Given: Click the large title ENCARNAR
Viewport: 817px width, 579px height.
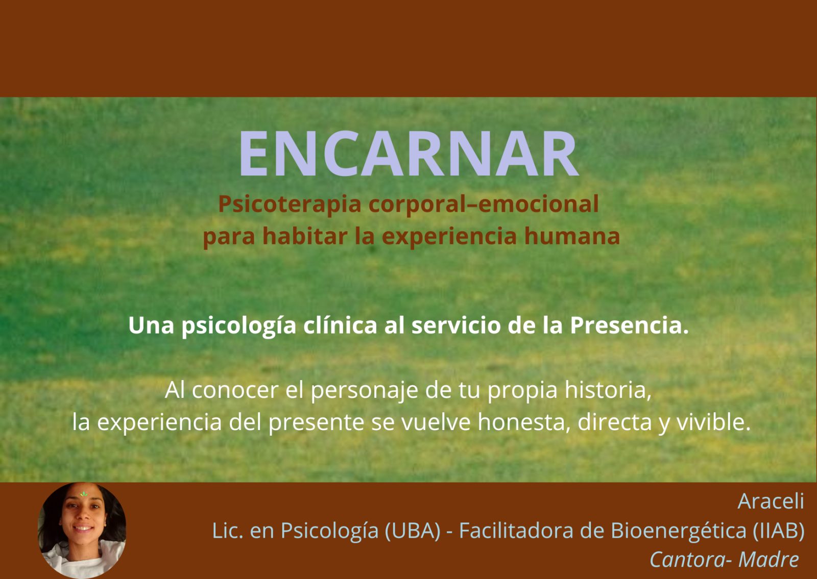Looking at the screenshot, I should pos(408,154).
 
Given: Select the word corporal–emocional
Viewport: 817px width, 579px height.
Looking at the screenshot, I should pos(483,204).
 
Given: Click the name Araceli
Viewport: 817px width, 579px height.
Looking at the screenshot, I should pos(771,501).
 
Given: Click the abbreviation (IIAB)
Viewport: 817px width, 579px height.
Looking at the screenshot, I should pos(779,531).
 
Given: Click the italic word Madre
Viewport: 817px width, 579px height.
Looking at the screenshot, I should pos(768,560).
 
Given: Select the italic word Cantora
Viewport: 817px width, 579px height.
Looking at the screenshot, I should pos(687,560).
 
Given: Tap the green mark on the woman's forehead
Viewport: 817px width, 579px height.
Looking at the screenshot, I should pos(83,494).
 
